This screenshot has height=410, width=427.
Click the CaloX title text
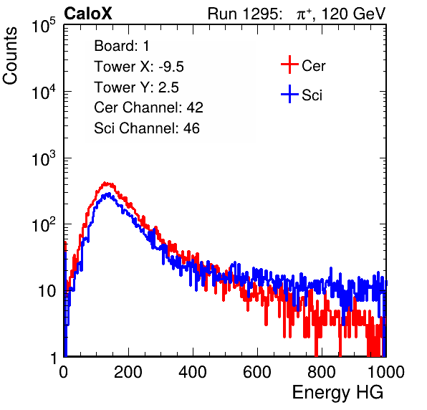[88, 14]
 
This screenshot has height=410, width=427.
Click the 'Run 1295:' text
[244, 14]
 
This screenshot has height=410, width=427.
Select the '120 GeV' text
[354, 14]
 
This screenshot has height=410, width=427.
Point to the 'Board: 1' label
[122, 46]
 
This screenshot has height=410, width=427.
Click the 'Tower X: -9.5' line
[139, 67]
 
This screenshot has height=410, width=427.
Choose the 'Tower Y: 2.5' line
[136, 87]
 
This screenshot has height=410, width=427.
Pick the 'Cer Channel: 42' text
[149, 108]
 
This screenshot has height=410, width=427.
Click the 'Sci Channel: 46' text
[147, 128]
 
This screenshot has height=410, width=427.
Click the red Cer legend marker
[289, 65]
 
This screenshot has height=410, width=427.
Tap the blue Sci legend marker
[289, 95]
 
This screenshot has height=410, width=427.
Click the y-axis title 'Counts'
[10, 55]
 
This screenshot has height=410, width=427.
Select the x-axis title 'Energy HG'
[337, 393]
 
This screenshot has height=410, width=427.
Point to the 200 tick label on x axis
[128, 372]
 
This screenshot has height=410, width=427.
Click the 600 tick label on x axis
[257, 372]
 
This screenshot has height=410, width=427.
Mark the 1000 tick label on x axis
[386, 372]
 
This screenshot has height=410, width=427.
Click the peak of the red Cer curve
[105, 183]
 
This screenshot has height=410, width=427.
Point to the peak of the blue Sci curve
[108, 194]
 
